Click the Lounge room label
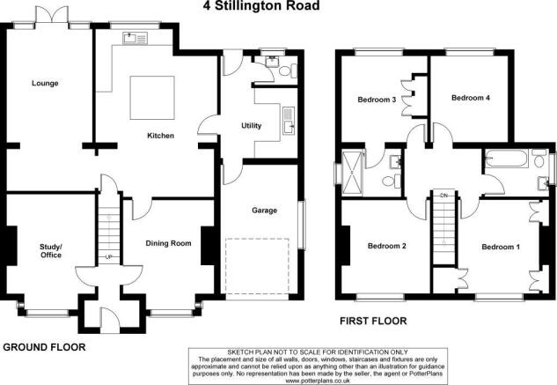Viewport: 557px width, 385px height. [45, 84]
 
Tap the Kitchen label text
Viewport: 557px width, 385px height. [160, 136]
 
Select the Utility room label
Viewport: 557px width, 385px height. [251, 126]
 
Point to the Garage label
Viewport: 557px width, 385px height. [264, 211]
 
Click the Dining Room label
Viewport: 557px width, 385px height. [168, 243]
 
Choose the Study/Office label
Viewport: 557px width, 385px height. [51, 251]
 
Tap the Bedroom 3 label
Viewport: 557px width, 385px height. [377, 100]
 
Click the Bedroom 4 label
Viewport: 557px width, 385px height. [470, 98]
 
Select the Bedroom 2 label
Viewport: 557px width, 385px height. [386, 246]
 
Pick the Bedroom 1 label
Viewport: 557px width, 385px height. [501, 247]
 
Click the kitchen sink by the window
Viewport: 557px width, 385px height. [135, 38]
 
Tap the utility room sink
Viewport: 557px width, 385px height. [289, 121]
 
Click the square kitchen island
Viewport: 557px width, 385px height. [152, 98]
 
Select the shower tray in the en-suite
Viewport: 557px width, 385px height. [352, 173]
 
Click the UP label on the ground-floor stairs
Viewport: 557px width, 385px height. [109, 257]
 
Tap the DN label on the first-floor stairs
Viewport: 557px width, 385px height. [443, 196]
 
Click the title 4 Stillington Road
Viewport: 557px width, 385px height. [261, 5]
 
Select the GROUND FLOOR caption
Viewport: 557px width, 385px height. [44, 347]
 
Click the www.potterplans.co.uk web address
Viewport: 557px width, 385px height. [318, 381]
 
